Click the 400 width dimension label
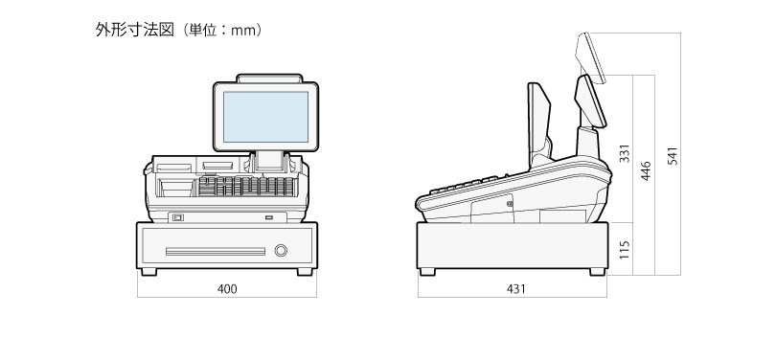(x=227, y=289)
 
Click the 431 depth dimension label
(x=516, y=289)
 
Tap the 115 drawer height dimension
(x=625, y=250)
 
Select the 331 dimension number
(x=625, y=153)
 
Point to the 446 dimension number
(x=646, y=170)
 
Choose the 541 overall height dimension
(x=673, y=156)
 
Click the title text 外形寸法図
(x=135, y=30)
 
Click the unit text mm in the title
(x=245, y=31)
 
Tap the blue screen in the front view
(x=265, y=117)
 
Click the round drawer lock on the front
(x=281, y=250)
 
